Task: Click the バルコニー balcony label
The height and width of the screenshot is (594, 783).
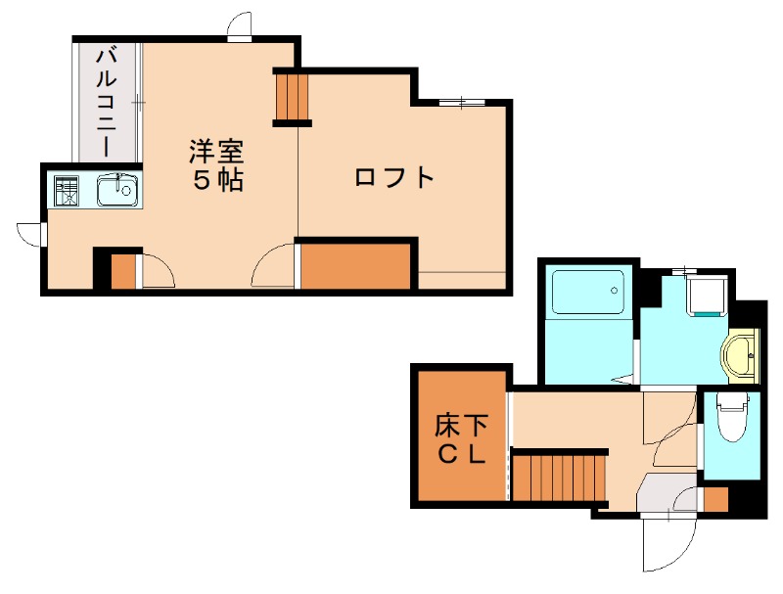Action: coord(105,99)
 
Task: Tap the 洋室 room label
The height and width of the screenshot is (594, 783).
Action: coord(216,154)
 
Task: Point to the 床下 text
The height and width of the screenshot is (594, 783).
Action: coord(461,427)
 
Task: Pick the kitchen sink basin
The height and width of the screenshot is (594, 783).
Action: coord(119,189)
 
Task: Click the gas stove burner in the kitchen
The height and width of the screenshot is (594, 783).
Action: coord(67,190)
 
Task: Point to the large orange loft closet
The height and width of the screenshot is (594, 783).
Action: coord(354,266)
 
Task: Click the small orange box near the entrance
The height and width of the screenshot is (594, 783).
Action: coord(716,498)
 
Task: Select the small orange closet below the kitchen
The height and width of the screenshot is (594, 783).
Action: coord(123,271)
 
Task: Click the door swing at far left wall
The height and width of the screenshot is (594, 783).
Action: coord(30,232)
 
